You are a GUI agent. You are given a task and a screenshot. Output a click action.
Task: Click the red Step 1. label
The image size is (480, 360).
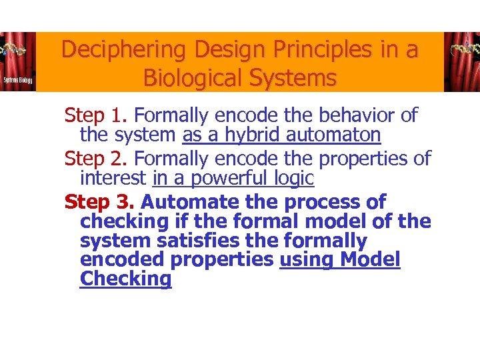click(x=97, y=115)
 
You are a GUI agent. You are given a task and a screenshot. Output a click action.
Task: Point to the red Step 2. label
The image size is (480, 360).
click(x=97, y=159)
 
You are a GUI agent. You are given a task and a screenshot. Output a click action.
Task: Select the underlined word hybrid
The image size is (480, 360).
click(x=253, y=135)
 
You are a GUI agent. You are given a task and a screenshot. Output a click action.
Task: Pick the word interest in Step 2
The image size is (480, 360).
click(x=113, y=179)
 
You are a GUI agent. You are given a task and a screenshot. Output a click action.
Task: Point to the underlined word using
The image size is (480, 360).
click(x=307, y=260)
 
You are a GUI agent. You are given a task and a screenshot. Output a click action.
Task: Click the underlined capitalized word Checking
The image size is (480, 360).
click(x=125, y=279)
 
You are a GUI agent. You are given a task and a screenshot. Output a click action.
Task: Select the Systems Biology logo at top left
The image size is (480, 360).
click(x=18, y=62)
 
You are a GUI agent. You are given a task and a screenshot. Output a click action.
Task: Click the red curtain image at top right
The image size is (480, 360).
click(x=461, y=62)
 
